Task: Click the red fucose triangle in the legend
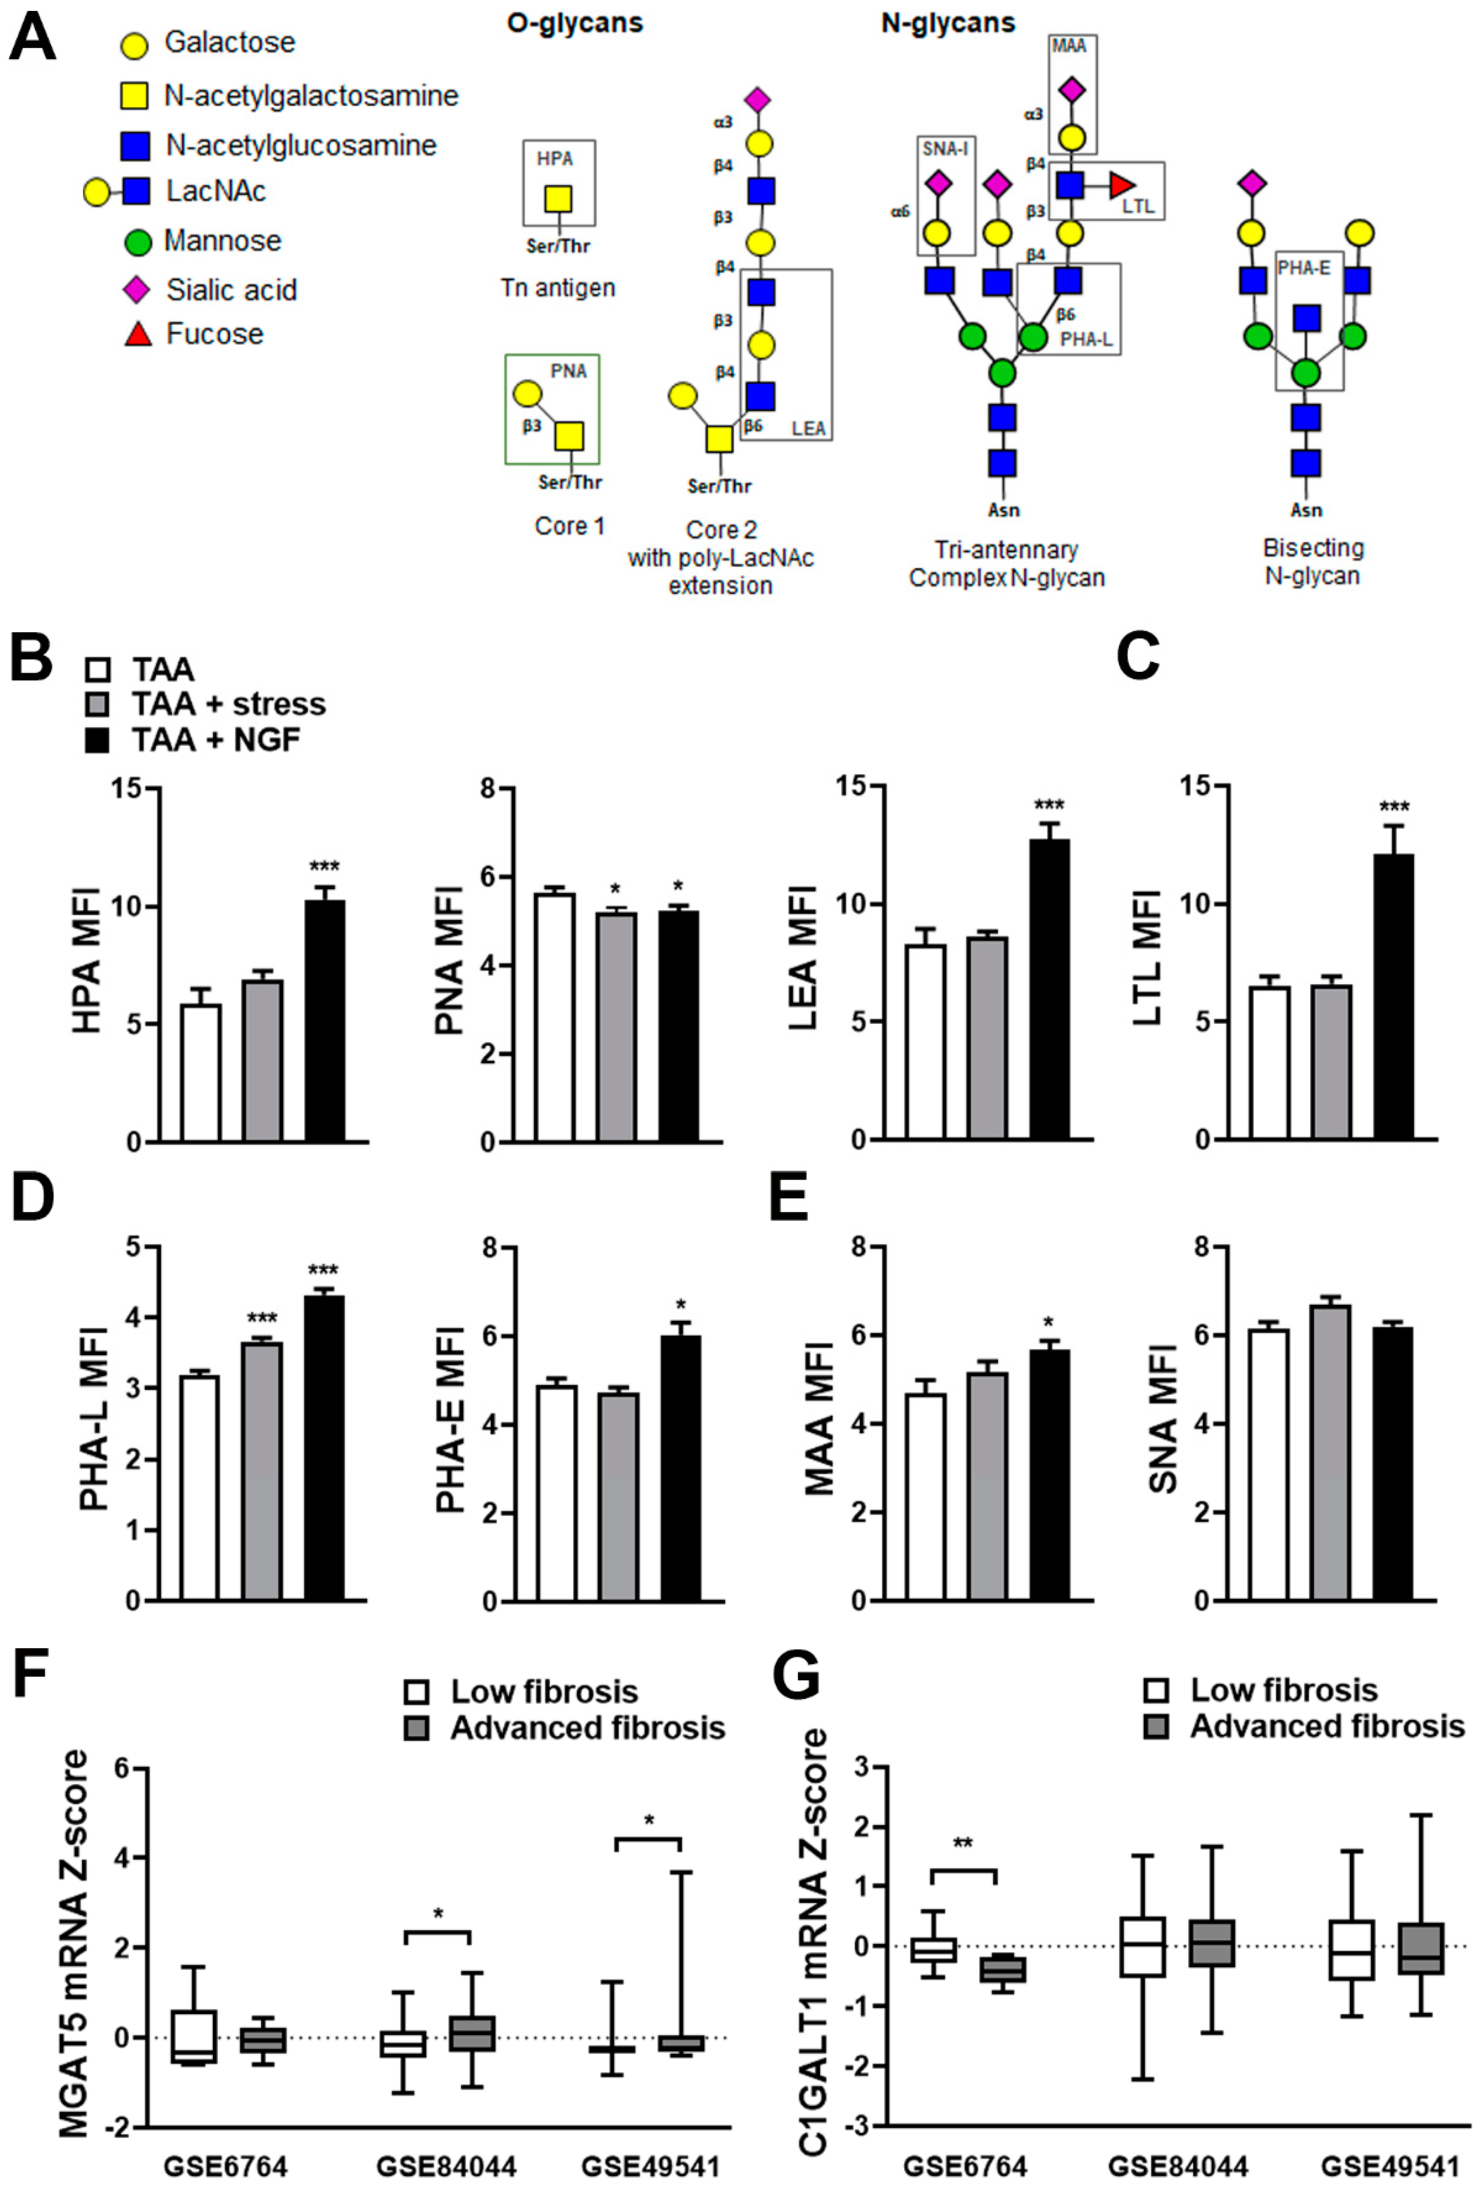pos(138,333)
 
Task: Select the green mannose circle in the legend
pos(138,242)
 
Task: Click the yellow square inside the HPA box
pos(557,199)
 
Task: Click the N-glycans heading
pos(947,24)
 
